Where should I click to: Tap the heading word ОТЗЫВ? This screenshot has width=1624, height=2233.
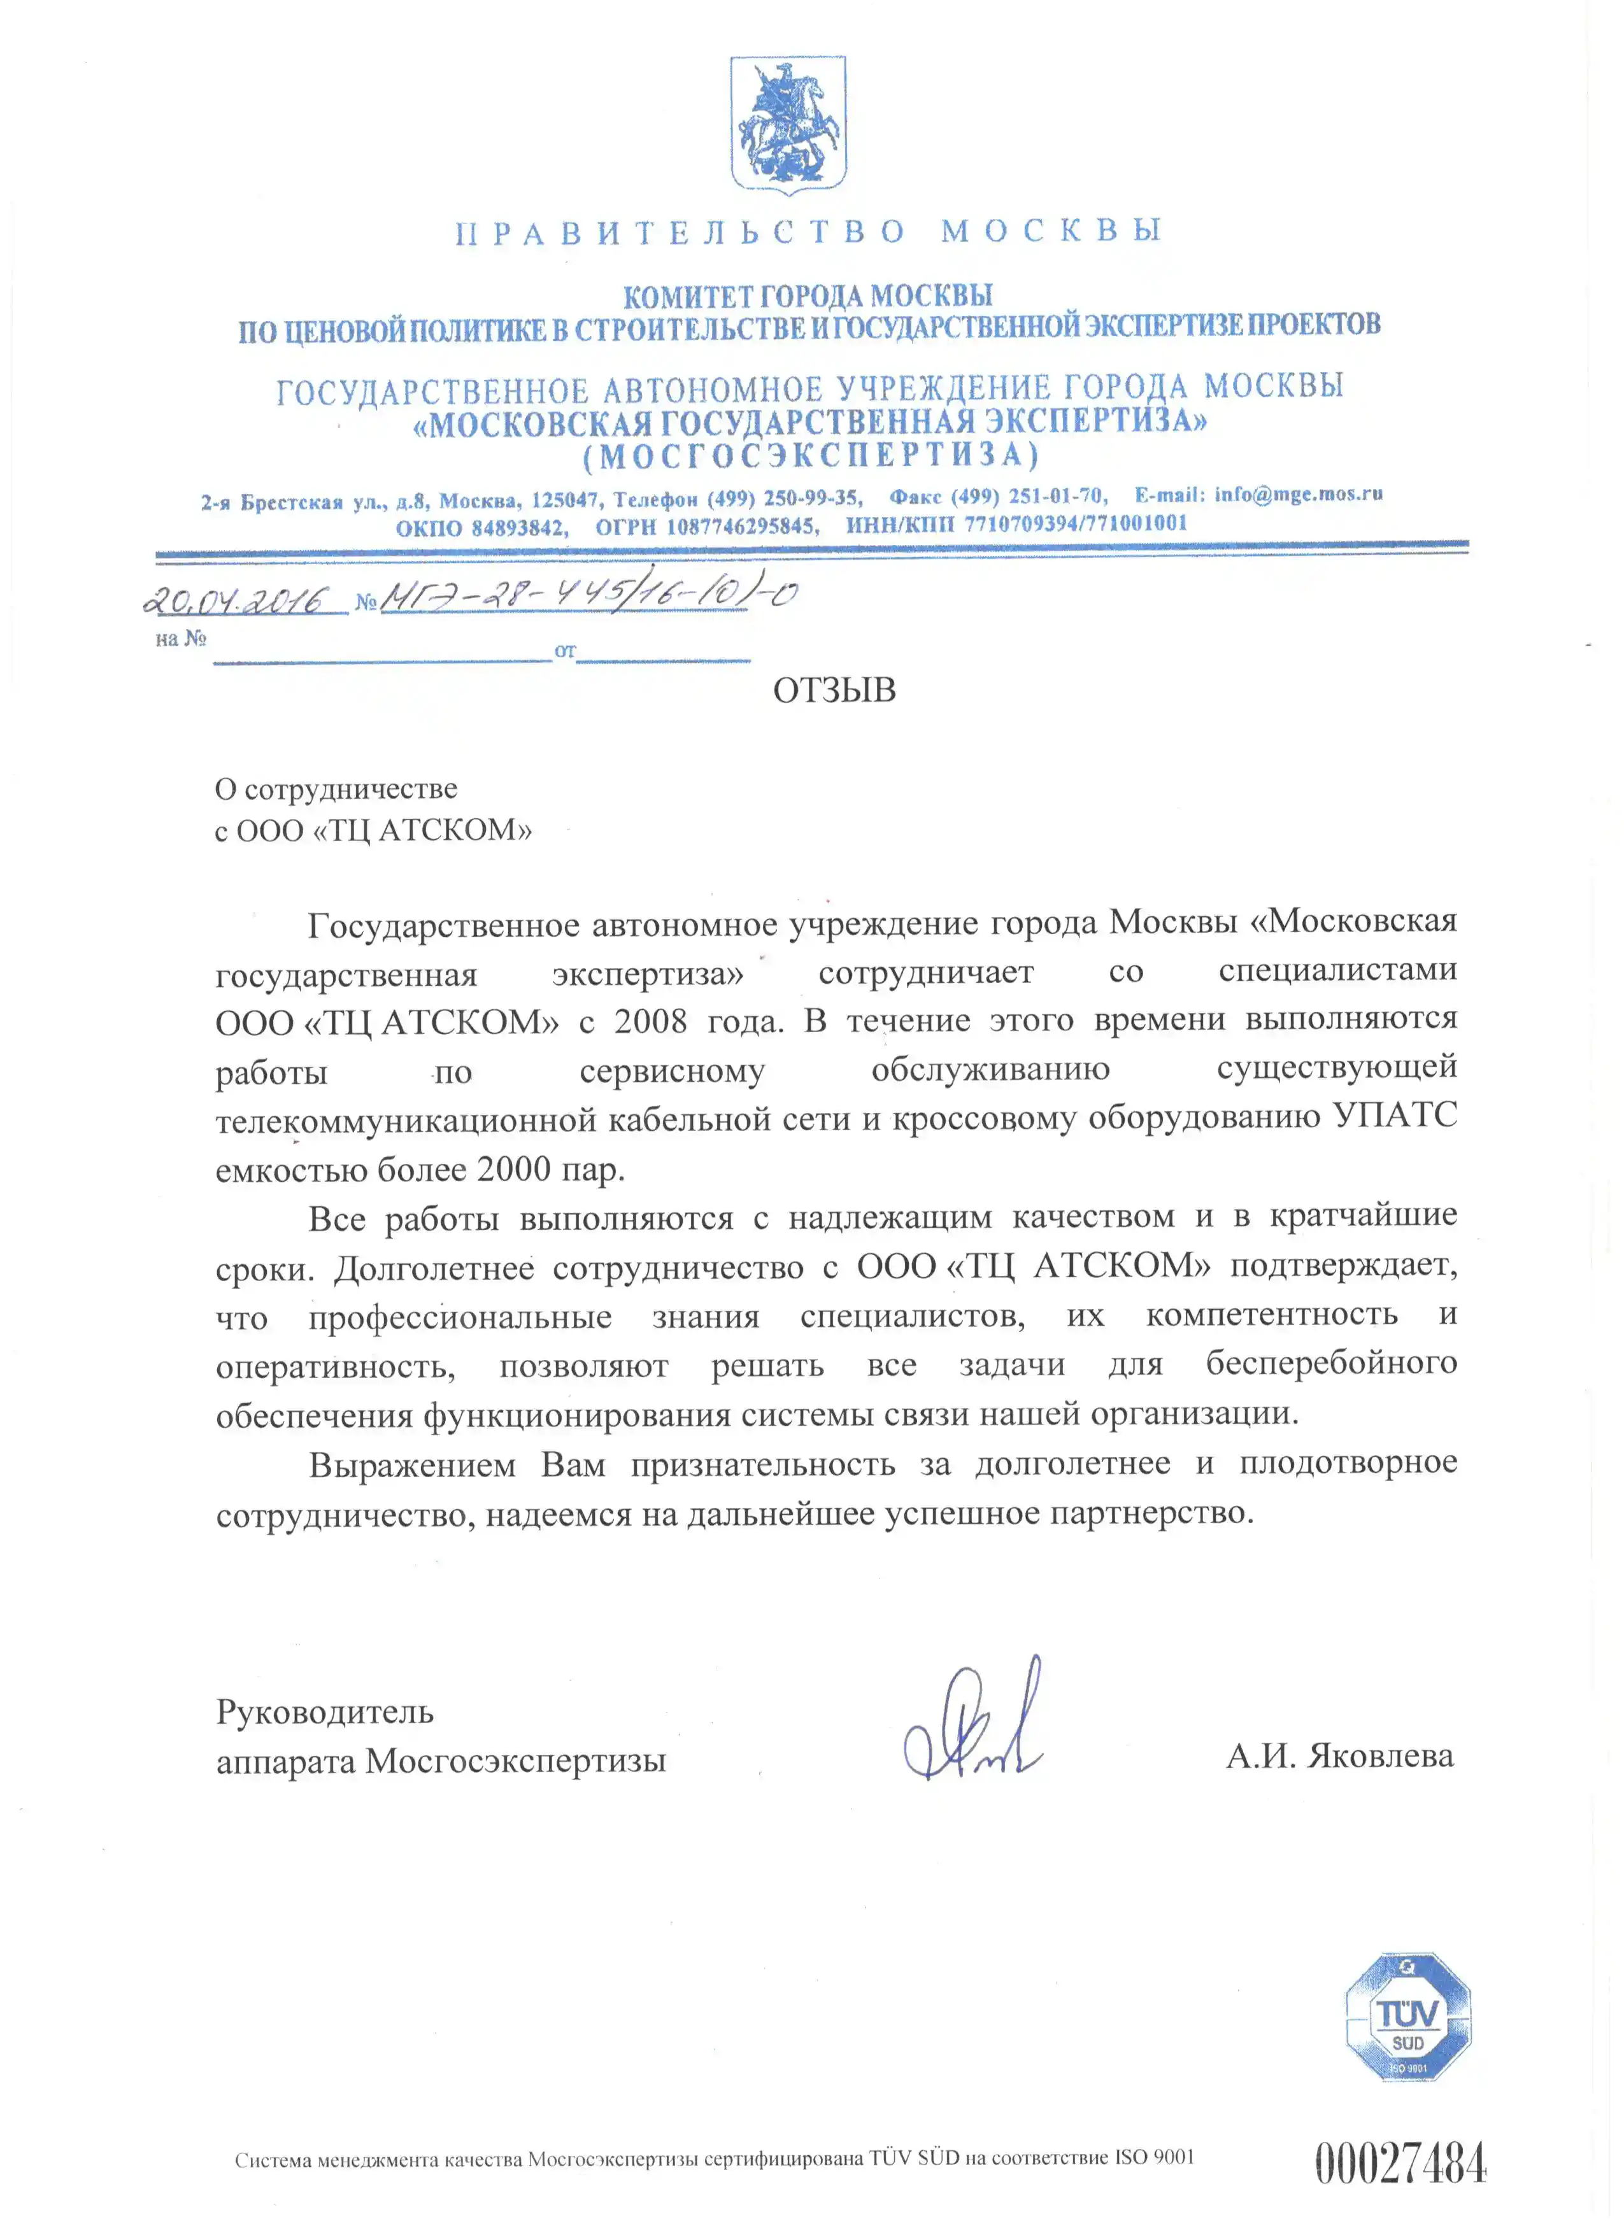(x=834, y=690)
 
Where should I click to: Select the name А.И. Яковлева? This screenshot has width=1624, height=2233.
(x=1339, y=1755)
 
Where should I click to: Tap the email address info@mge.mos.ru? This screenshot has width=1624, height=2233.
(x=1298, y=493)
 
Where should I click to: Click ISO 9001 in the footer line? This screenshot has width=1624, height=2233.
(x=1153, y=2156)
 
